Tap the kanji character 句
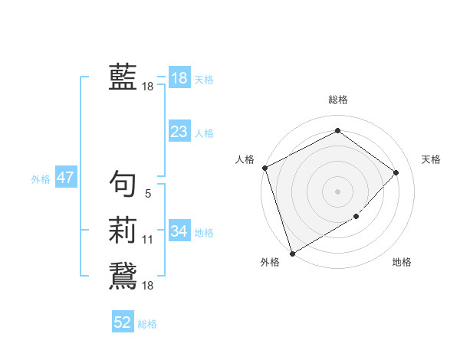coord(123,183)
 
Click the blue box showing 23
coord(179,132)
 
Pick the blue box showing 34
coord(179,231)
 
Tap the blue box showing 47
coord(65,178)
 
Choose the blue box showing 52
coord(123,322)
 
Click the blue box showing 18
coord(179,77)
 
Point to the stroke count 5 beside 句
coord(148,194)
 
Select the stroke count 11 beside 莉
coord(148,240)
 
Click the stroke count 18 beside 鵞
coord(148,286)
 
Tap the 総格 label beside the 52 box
coord(147,324)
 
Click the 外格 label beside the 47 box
coord(41,179)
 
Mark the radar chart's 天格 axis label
coord(431,159)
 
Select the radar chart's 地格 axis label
coord(402,263)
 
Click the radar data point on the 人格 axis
coord(264,168)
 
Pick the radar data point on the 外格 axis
coord(292,253)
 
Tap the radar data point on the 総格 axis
coord(337,132)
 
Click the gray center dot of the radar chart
coord(337,191)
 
